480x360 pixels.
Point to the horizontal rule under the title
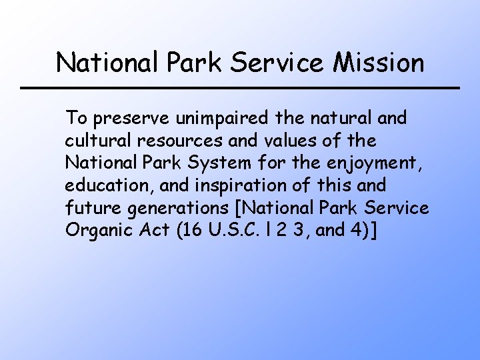point(240,88)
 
